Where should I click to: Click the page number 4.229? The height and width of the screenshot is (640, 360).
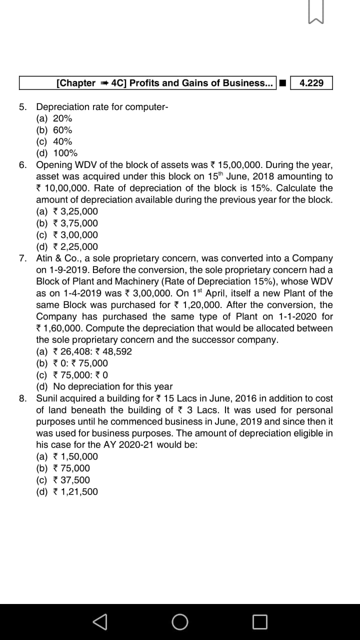point(311,83)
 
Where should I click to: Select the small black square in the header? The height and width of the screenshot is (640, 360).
point(282,83)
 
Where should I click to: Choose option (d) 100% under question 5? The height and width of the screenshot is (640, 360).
point(57,153)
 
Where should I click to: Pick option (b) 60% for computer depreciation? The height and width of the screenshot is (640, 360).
point(54,130)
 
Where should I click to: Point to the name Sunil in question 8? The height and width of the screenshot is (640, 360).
point(47,398)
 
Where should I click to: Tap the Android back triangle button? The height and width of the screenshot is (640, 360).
point(100,621)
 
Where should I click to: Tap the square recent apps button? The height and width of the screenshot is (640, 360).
point(259,621)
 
